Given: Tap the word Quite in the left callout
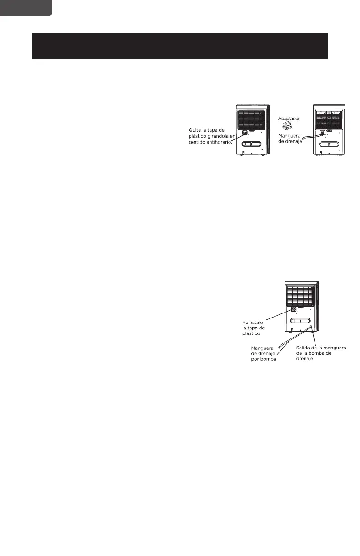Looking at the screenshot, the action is [x=196, y=130].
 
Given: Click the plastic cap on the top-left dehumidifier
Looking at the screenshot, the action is [x=245, y=133].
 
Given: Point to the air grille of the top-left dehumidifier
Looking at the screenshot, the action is [x=251, y=119].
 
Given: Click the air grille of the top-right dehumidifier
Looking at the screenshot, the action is [x=329, y=119].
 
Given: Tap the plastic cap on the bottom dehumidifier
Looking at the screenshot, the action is [x=294, y=310].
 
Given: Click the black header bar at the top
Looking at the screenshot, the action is [x=180, y=45].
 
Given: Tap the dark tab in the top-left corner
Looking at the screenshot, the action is [x=25, y=8].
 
